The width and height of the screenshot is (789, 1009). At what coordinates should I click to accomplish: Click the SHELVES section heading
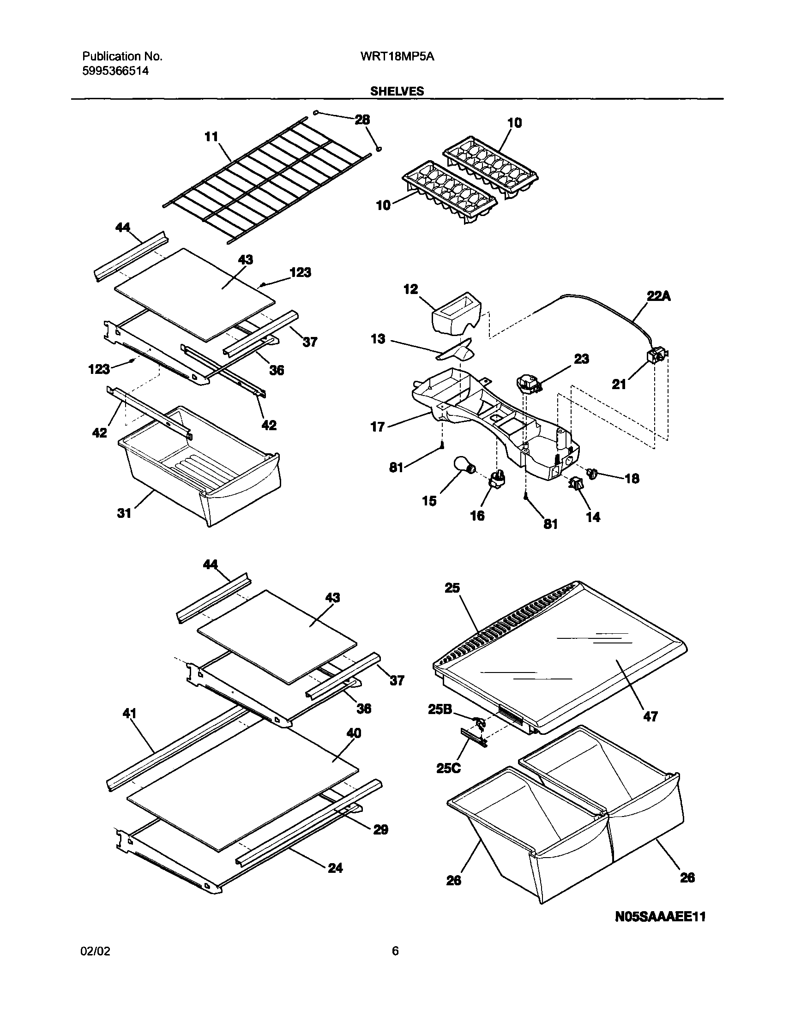(x=397, y=91)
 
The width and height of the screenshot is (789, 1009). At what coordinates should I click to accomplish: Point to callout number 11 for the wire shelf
(x=211, y=137)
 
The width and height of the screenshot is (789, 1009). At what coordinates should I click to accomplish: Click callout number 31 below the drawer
(x=124, y=513)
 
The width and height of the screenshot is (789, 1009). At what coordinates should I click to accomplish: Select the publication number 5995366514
(x=115, y=71)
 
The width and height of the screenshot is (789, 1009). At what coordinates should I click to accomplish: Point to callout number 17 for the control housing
(x=378, y=426)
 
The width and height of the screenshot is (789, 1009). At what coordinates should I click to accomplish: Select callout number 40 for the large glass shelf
(x=354, y=733)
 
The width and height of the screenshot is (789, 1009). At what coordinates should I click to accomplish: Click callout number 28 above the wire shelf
(x=362, y=120)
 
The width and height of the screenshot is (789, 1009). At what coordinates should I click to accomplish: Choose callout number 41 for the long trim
(x=129, y=713)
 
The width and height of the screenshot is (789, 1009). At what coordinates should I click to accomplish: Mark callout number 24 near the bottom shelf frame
(x=335, y=868)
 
